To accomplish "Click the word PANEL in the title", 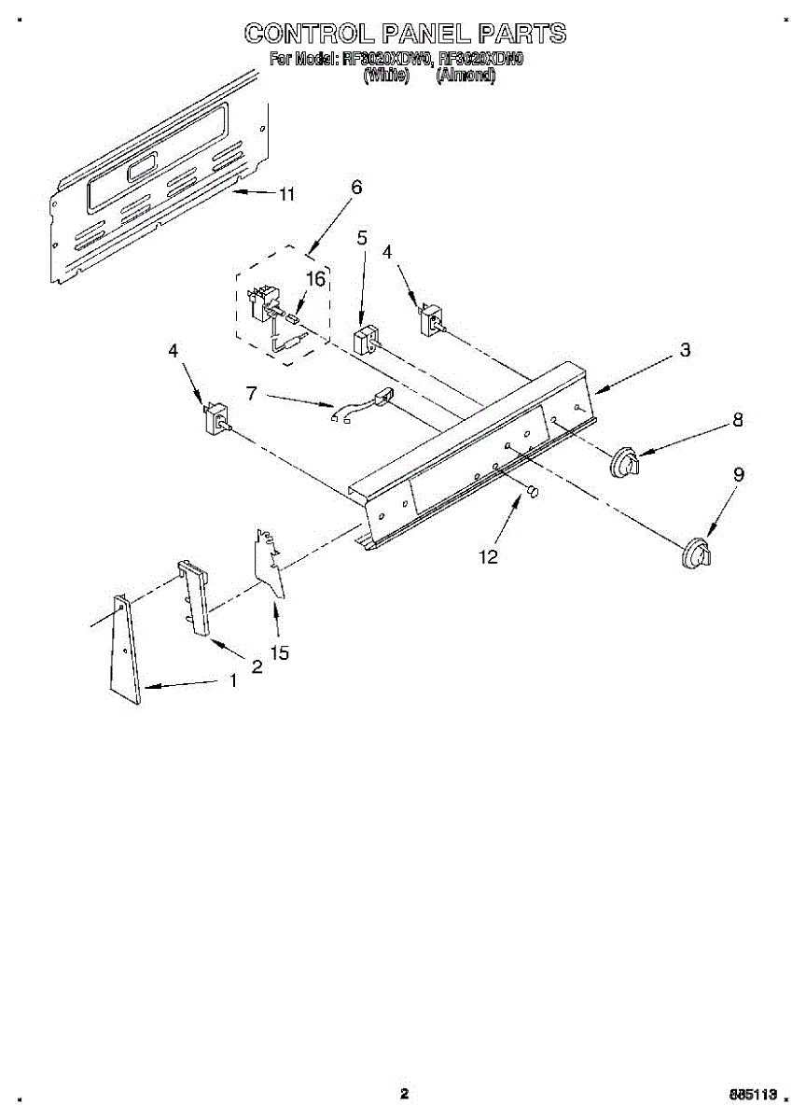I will [x=424, y=34].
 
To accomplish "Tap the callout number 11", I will [x=286, y=195].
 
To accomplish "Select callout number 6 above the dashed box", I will [x=356, y=187].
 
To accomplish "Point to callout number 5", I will [x=361, y=238].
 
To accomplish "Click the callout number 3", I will [x=685, y=350].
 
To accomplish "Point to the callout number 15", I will [x=279, y=653].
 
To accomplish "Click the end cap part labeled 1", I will [x=123, y=649].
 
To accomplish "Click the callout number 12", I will [x=488, y=557].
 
